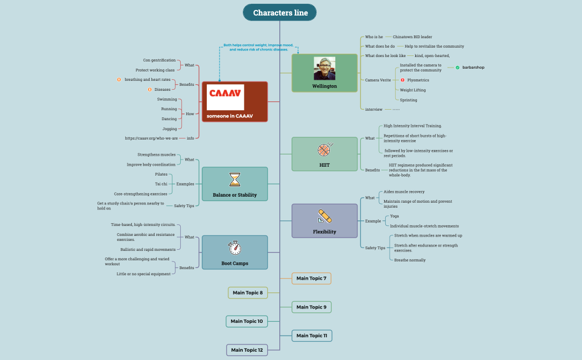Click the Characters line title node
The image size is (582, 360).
pyautogui.click(x=280, y=13)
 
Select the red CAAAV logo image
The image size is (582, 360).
pyautogui.click(x=225, y=97)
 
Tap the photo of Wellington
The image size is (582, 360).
pyautogui.click(x=324, y=68)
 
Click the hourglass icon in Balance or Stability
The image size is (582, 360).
pyautogui.click(x=235, y=179)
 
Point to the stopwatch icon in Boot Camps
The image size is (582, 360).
pyautogui.click(x=234, y=248)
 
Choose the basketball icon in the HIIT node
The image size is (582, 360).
pyautogui.click(x=324, y=150)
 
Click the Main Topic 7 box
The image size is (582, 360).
pyautogui.click(x=312, y=278)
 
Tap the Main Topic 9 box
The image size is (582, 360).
pyautogui.click(x=312, y=307)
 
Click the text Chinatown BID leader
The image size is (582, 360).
pyautogui.click(x=412, y=37)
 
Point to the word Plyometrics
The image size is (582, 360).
pyautogui.click(x=418, y=80)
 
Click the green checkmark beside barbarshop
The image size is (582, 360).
pyautogui.click(x=457, y=68)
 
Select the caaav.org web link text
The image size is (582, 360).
pyautogui.click(x=151, y=138)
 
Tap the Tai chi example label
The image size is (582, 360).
pyautogui.click(x=161, y=184)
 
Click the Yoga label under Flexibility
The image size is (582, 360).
pyautogui.click(x=394, y=216)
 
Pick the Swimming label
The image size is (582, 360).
pyautogui.click(x=167, y=99)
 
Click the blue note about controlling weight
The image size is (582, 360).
pyautogui.click(x=258, y=47)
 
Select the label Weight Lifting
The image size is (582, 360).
pyautogui.click(x=412, y=90)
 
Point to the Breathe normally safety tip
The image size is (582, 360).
pyautogui.click(x=410, y=260)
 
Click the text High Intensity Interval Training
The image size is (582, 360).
pyautogui.click(x=412, y=126)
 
